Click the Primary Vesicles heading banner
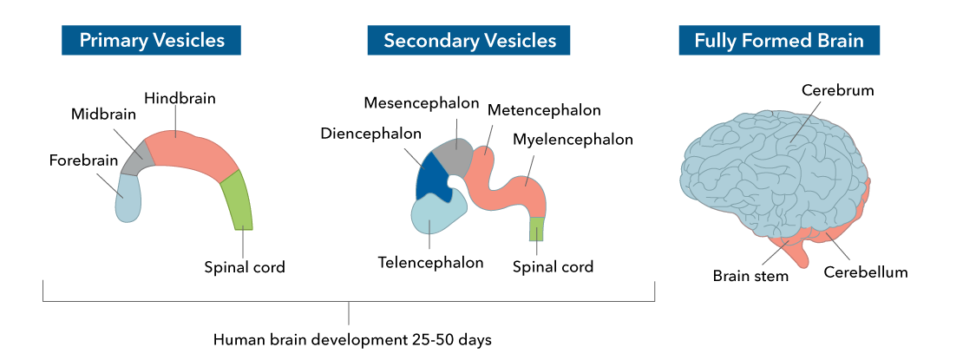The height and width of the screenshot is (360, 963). coord(151,41)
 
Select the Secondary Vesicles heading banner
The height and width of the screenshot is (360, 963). coord(468,41)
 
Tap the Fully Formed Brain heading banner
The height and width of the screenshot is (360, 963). coord(779,41)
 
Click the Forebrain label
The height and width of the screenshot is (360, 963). coord(83,161)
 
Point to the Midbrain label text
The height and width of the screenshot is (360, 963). coord(103,115)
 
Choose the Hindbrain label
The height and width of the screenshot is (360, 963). coord(180,98)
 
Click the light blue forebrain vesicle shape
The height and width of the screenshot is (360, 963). coord(128,198)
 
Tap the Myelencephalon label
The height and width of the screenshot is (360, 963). coord(573,140)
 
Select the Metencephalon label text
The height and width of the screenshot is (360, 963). coord(543,110)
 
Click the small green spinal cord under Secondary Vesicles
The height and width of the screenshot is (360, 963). coord(537,229)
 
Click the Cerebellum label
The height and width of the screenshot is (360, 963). coord(865,272)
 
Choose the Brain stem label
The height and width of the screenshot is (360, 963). coord(750,276)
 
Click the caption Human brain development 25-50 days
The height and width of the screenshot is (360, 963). coord(352,339)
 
